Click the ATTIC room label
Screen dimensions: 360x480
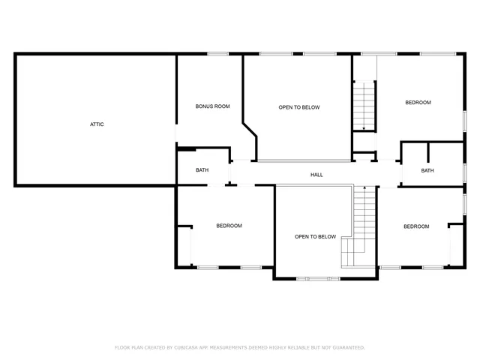(x=97, y=124)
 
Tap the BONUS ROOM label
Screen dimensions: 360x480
(x=212, y=106)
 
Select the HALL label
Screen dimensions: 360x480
(x=316, y=175)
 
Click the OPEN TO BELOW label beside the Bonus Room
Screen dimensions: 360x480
(x=299, y=107)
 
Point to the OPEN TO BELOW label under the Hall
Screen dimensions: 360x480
(x=315, y=236)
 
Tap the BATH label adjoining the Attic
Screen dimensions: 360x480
(x=202, y=170)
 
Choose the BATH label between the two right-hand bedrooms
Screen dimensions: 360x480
(x=427, y=170)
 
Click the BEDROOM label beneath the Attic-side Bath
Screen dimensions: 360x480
(x=229, y=226)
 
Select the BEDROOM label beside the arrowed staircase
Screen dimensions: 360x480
(x=418, y=103)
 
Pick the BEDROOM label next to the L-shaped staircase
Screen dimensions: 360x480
(x=415, y=226)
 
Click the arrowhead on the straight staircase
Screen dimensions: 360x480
(x=364, y=129)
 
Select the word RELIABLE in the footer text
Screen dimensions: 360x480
(x=296, y=347)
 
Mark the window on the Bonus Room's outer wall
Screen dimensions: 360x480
(x=218, y=53)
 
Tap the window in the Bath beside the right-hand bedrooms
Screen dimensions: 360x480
(x=464, y=172)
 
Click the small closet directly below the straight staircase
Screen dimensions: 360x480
(x=364, y=157)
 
